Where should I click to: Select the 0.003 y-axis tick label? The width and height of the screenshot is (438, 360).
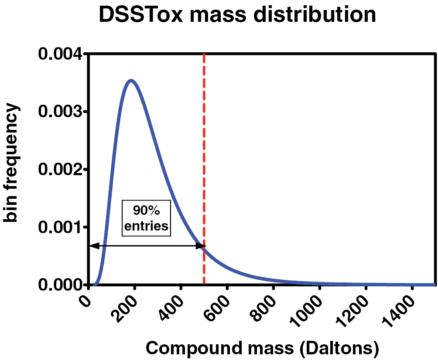[59, 112]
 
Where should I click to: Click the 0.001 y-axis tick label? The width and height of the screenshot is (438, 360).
[59, 227]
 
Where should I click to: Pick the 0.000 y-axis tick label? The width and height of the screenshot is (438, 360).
[59, 285]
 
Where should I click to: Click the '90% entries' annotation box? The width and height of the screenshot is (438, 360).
[146, 218]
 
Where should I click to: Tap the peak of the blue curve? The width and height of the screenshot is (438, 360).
[130, 81]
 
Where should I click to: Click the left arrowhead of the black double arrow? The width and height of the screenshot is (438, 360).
[92, 246]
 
